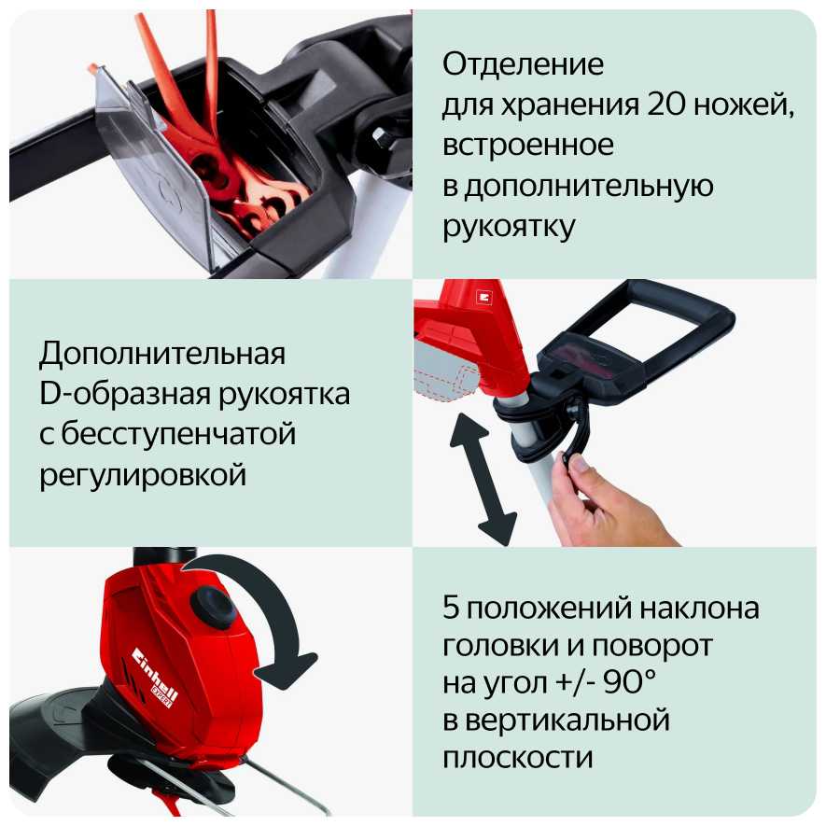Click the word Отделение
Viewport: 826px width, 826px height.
coord(523,64)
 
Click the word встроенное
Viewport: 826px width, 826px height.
coord(528,146)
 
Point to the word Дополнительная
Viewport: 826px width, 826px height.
coord(162,354)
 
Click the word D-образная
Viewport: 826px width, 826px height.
coord(124,395)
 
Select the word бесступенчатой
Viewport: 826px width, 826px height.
coord(178,434)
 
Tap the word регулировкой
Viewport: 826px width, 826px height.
coord(143,476)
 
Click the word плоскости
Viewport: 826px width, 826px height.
coord(518,758)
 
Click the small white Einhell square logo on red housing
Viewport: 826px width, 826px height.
coord(483,297)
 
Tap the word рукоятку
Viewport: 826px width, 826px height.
coord(509,227)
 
